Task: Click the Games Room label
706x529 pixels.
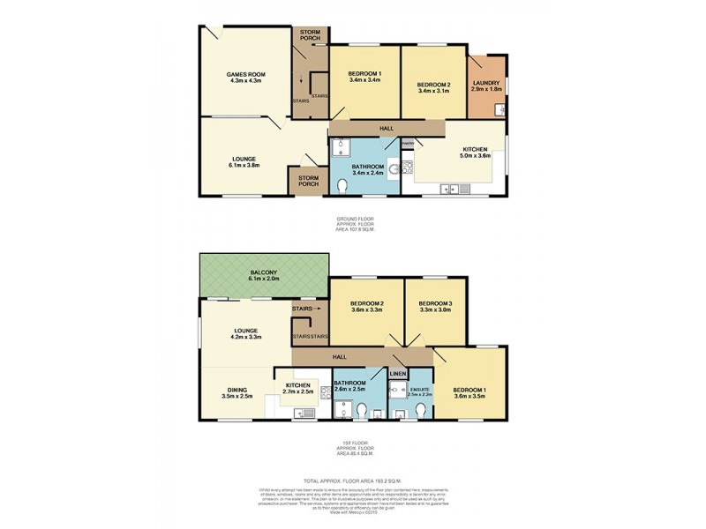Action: pyautogui.click(x=244, y=73)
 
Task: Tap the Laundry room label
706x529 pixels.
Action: pyautogui.click(x=485, y=84)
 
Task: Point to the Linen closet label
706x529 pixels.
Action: pyautogui.click(x=397, y=375)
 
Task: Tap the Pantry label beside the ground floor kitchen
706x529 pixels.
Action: pyautogui.click(x=408, y=142)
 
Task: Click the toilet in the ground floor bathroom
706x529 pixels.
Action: pyautogui.click(x=343, y=186)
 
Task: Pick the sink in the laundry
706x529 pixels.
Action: pyautogui.click(x=499, y=110)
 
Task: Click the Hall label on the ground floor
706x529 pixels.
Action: pyautogui.click(x=386, y=129)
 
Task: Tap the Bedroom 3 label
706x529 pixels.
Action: pyautogui.click(x=435, y=304)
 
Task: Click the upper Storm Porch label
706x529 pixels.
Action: pyautogui.click(x=310, y=34)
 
